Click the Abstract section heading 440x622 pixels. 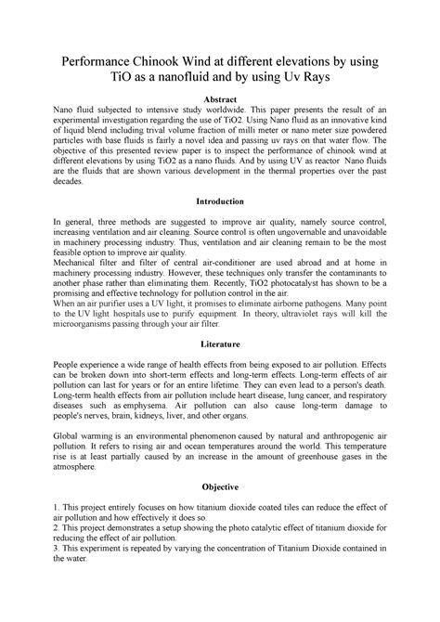pos(219,99)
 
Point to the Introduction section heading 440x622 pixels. pos(219,201)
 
